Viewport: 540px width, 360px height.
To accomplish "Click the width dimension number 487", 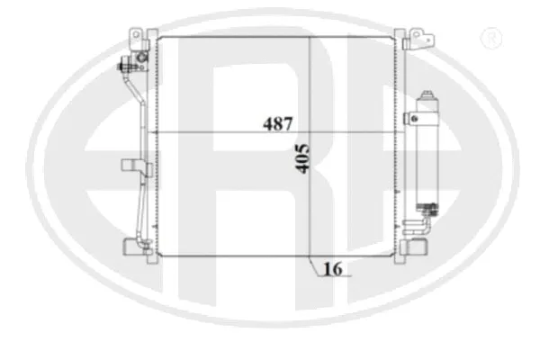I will pos(277,124).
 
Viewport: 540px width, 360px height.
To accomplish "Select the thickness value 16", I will pos(332,267).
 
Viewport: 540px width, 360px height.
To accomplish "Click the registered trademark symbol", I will pos(491,38).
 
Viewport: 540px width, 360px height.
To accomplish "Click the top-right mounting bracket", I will pos(420,37).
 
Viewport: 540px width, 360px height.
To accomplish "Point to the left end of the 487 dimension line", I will pos(158,133).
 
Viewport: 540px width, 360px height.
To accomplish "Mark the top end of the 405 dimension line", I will pos(310,39).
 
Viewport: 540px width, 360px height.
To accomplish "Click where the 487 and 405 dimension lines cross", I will pos(310,133).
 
